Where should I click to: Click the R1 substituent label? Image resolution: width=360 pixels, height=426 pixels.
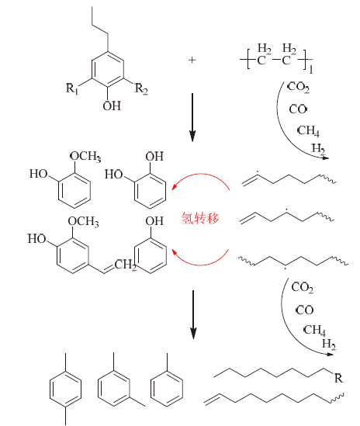coord(72,88)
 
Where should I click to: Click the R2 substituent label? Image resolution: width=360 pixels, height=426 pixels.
coord(141,88)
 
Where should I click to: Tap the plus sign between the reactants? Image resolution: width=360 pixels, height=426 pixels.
coord(192,60)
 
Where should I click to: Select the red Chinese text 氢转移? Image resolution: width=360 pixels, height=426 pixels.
coord(200,218)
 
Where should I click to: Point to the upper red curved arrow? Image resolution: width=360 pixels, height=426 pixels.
coord(201,174)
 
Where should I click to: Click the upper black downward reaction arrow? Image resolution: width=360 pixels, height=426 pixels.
coord(192,117)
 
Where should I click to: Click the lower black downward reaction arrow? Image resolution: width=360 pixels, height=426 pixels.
coord(193,314)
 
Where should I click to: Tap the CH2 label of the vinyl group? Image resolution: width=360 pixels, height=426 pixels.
coord(126,265)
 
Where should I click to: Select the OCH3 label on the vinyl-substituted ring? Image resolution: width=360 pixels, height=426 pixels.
coord(84,221)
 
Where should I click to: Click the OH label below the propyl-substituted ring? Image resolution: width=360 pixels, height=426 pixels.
coord(112,106)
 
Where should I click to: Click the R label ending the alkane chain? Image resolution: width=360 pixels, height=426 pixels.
coord(338,378)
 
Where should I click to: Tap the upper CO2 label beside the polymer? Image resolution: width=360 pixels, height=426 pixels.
coord(299,87)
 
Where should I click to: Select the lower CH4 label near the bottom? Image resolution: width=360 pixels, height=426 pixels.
coord(315,331)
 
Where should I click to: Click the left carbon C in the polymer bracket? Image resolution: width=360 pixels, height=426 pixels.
coord(261,61)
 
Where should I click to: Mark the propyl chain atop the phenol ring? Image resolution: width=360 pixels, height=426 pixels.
coord(100,29)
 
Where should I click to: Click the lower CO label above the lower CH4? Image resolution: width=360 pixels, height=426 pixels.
coord(305,310)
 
